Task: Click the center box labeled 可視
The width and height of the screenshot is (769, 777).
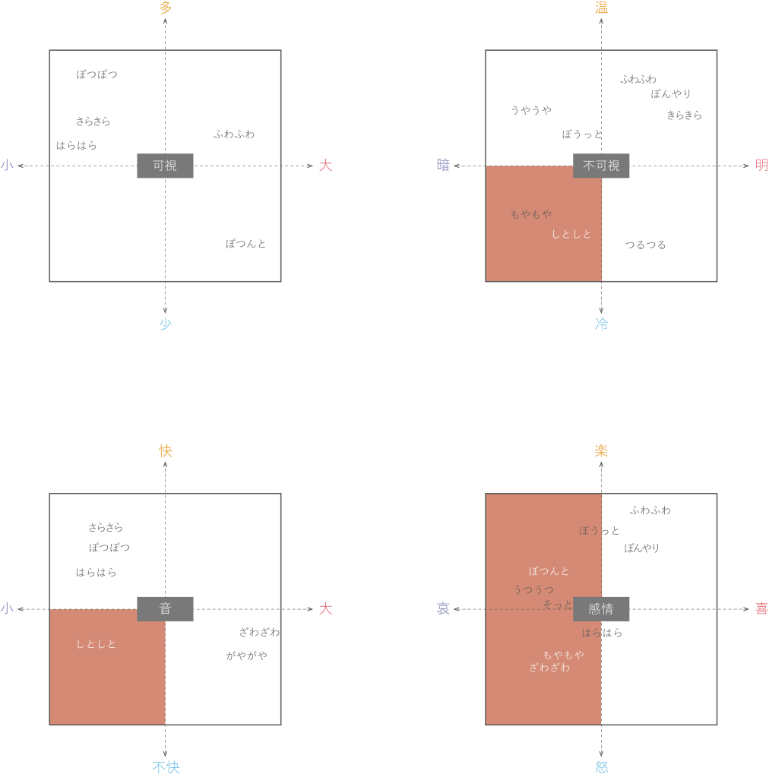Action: [x=165, y=166]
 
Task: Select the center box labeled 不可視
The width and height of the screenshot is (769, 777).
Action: [x=601, y=166]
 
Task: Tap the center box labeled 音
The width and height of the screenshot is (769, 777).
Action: [x=165, y=609]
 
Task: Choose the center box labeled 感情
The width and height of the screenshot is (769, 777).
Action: [x=601, y=609]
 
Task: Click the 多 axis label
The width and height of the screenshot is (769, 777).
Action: [x=165, y=8]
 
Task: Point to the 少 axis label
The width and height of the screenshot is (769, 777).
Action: [x=165, y=324]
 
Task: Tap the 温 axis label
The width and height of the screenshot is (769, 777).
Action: [x=601, y=8]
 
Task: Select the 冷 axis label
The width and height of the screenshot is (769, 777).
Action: [x=601, y=324]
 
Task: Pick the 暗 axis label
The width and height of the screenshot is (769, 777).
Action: [x=443, y=166]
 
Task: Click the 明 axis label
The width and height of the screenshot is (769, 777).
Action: [x=761, y=166]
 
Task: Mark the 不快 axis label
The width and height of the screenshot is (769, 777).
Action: [x=166, y=768]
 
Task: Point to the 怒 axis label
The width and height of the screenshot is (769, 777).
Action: [x=601, y=768]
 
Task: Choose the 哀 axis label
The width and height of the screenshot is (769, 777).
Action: [x=443, y=609]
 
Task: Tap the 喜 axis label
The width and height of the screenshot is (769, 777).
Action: [x=761, y=609]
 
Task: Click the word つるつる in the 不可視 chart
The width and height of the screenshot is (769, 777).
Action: [x=646, y=245]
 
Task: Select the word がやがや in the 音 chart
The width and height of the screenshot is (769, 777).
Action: [x=246, y=655]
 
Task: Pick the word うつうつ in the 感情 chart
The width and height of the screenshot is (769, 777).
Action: [x=533, y=589]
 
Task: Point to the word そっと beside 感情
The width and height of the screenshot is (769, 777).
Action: [x=557, y=605]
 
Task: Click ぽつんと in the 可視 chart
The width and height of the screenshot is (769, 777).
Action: [x=245, y=244]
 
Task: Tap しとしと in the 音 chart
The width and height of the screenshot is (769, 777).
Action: [x=96, y=644]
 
